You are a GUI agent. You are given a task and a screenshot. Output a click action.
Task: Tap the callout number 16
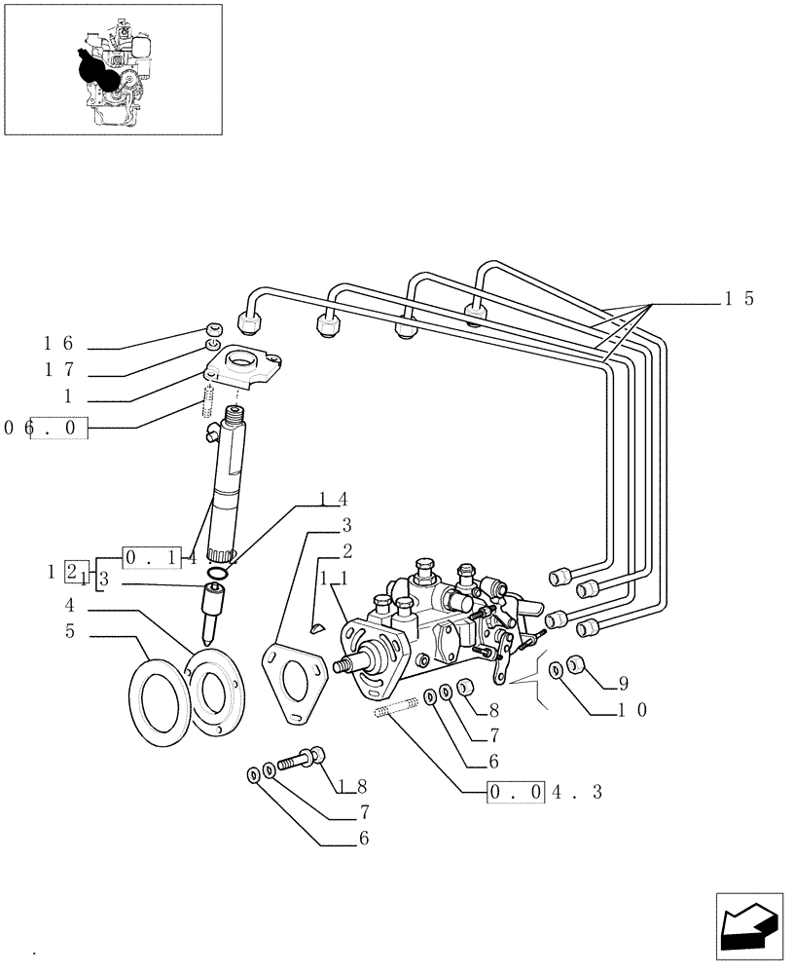tap(57, 343)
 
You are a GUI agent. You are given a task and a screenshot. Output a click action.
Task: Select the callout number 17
tap(57, 370)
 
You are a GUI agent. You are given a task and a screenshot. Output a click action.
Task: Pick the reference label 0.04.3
tap(545, 793)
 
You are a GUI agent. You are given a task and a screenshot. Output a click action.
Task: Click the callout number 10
tap(630, 709)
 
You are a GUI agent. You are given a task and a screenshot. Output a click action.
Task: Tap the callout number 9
tap(623, 682)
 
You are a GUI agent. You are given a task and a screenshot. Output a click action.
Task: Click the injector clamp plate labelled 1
tap(243, 372)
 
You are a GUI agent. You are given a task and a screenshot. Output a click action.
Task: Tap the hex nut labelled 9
tap(576, 665)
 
